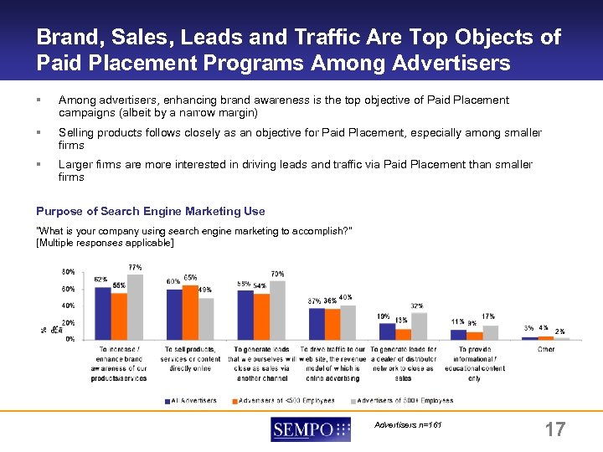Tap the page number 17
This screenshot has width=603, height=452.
pyautogui.click(x=554, y=430)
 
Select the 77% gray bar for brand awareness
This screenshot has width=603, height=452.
pyautogui.click(x=135, y=306)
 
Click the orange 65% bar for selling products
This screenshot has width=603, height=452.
pyautogui.click(x=190, y=311)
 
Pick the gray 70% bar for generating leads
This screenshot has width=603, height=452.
pyautogui.click(x=277, y=310)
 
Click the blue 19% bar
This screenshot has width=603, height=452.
pyautogui.click(x=386, y=331)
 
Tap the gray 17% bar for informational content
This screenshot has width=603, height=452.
pyautogui.click(x=491, y=332)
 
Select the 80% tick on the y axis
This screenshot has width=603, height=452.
pyautogui.click(x=68, y=272)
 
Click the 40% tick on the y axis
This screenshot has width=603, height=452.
pyautogui.click(x=68, y=306)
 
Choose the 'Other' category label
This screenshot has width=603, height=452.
pyautogui.click(x=546, y=349)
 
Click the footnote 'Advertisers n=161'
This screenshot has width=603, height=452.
pyautogui.click(x=407, y=425)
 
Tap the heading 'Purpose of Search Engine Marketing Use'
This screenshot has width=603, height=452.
pyautogui.click(x=151, y=211)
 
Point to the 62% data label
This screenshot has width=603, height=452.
pyautogui.click(x=100, y=279)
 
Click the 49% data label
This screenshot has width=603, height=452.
pyautogui.click(x=205, y=290)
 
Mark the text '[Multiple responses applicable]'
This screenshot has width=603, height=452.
pyautogui.click(x=105, y=243)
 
